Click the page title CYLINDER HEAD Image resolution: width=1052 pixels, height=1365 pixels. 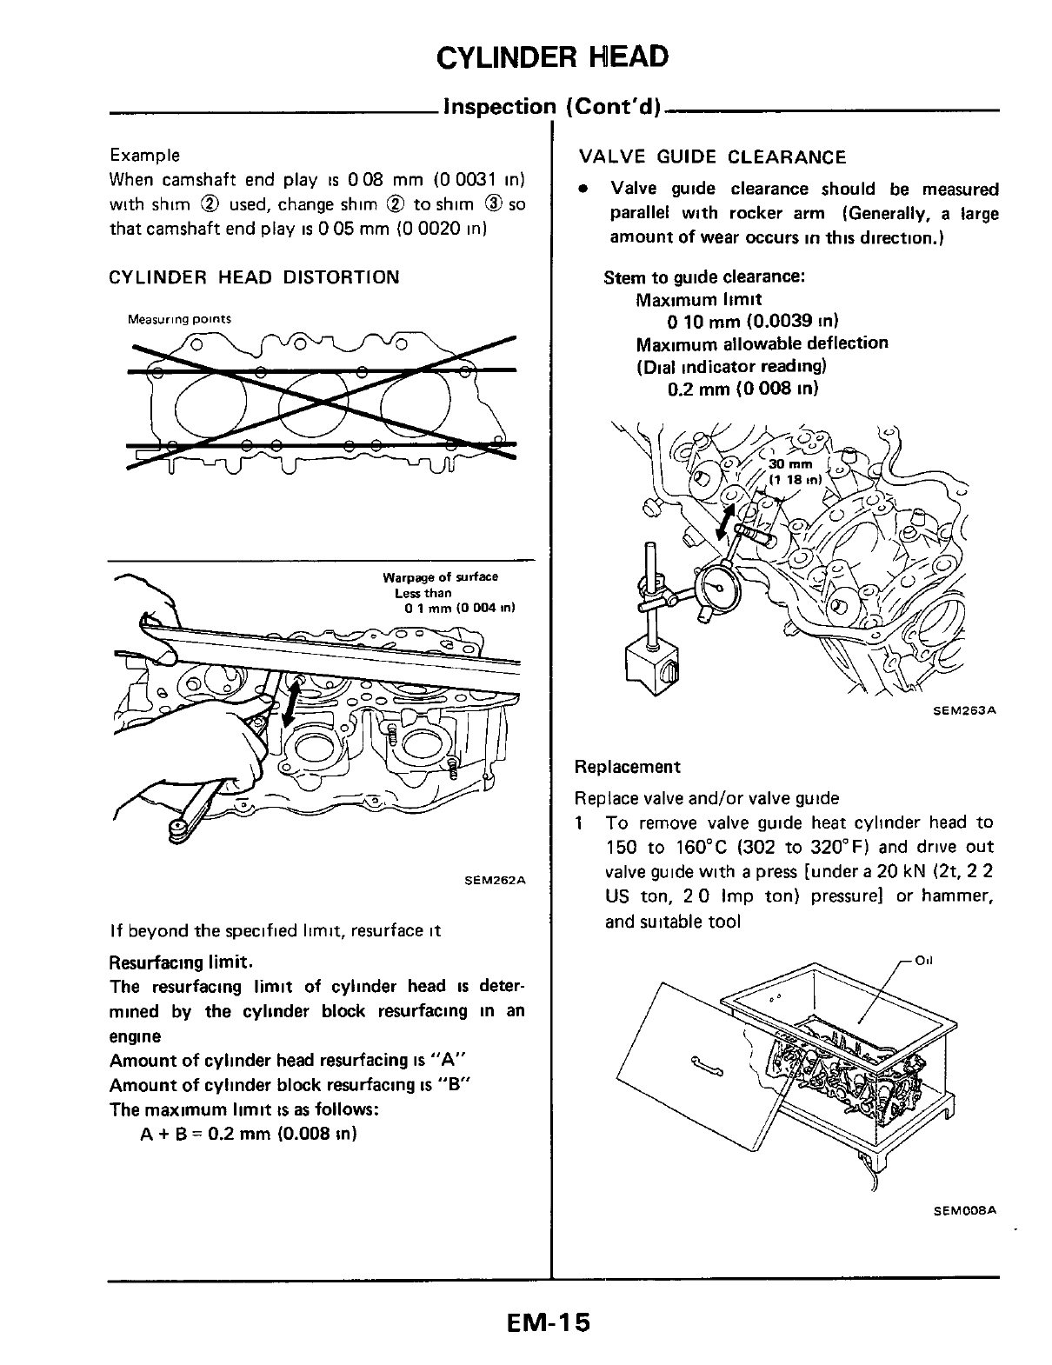pyautogui.click(x=552, y=57)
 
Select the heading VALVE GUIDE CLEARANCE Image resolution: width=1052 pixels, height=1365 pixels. pyautogui.click(x=712, y=157)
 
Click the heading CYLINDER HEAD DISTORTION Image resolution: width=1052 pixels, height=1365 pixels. pyautogui.click(x=254, y=277)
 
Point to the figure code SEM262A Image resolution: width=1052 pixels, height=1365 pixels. pyautogui.click(x=496, y=880)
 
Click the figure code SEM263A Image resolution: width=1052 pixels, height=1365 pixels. pyautogui.click(x=964, y=710)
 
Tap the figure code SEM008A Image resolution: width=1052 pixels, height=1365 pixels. pyautogui.click(x=964, y=1209)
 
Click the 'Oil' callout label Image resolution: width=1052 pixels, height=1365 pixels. pyautogui.click(x=924, y=961)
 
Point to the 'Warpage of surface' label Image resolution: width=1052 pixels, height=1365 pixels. pyautogui.click(x=440, y=577)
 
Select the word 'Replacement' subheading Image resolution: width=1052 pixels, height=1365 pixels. pyautogui.click(x=627, y=767)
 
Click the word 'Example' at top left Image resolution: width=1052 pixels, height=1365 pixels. pyautogui.click(x=145, y=156)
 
